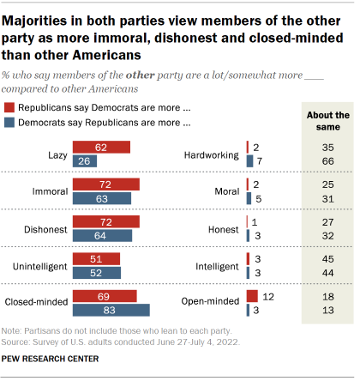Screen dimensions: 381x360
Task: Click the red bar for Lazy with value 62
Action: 101,147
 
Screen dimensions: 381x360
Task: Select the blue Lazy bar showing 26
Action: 85,161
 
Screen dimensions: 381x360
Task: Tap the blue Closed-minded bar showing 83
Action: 111,310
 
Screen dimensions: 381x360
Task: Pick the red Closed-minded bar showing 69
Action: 105,295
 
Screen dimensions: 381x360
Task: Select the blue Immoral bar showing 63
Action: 102,198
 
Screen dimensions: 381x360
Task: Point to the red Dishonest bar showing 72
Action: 106,221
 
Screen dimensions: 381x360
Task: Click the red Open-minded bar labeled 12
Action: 252,295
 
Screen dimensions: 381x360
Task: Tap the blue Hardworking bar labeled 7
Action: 249,161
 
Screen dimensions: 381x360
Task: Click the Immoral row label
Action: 51,190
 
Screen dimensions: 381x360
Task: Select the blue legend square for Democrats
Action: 9,122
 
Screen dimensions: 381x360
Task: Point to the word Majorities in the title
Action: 40,14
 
